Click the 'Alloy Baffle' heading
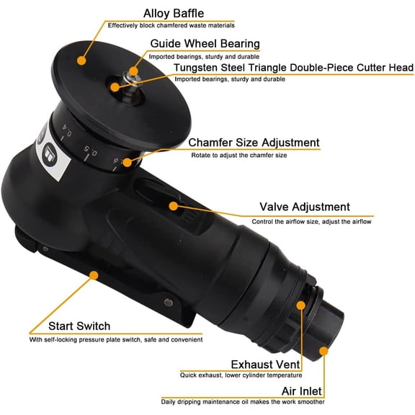tap(174, 13)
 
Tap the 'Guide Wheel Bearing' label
tap(204, 43)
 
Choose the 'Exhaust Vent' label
tap(266, 364)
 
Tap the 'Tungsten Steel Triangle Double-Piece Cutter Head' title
tap(293, 68)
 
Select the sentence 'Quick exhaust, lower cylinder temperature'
tap(241, 375)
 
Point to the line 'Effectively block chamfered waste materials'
tap(171, 25)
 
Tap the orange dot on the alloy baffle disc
tap(81, 53)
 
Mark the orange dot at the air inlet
tap(323, 352)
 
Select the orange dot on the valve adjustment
tap(173, 205)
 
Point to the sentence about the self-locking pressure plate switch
tap(115, 339)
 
